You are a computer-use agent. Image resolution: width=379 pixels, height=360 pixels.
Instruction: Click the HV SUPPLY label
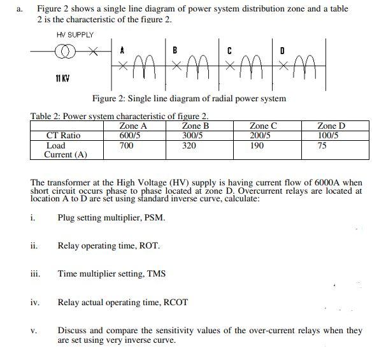[x=75, y=34]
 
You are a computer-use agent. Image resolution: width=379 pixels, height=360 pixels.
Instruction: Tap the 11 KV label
[x=62, y=78]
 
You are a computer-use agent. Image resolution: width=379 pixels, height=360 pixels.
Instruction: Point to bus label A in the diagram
[x=122, y=49]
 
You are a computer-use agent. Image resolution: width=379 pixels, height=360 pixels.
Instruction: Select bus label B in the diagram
[x=175, y=49]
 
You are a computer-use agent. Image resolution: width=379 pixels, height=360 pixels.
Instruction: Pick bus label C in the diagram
[x=229, y=49]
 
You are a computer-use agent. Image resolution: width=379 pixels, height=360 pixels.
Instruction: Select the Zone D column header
[x=331, y=126]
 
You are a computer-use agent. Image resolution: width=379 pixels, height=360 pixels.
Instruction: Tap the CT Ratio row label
[x=64, y=136]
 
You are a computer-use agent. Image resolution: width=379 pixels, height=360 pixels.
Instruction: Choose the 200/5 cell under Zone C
[x=260, y=136]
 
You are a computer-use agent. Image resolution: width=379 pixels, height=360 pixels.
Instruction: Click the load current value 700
[x=126, y=146]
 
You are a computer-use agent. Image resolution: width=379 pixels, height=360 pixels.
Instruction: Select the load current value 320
[x=189, y=146]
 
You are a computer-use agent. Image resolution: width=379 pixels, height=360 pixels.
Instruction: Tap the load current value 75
[x=322, y=146]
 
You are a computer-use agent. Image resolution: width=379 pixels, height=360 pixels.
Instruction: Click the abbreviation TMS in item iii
[x=157, y=274]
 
